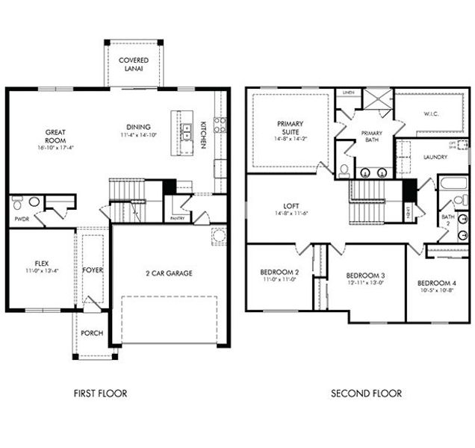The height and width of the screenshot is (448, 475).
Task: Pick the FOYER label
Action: pos(93,270)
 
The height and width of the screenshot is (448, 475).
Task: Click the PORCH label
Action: pos(92,333)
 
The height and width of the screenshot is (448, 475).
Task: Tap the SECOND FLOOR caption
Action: pos(366,393)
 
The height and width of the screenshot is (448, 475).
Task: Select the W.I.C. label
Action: pos(431,114)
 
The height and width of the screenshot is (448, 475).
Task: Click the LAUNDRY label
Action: pos(435,158)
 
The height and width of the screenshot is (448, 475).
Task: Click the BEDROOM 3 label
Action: pos(366,276)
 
